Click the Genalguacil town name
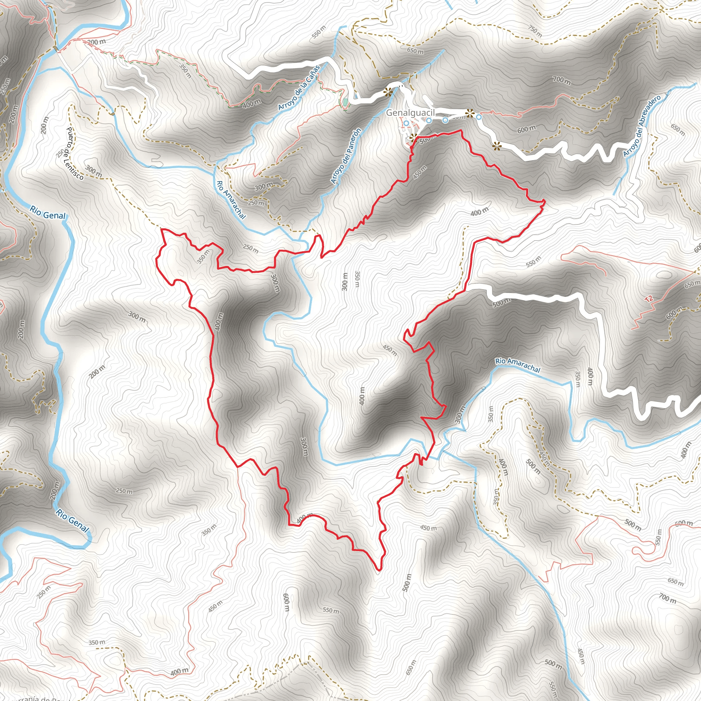point(410,113)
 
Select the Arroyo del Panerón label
point(346,156)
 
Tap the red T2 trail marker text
point(649,299)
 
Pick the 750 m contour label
point(535,32)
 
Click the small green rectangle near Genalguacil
point(345,103)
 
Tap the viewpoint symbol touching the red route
point(413,138)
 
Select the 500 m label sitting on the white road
point(502,302)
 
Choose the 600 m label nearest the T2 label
point(674,313)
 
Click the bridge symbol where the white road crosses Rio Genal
point(56,48)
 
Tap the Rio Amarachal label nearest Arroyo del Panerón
point(231,200)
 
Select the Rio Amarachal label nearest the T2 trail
point(518,365)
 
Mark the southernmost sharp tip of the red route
point(379,570)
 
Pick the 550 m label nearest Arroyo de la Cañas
point(319,32)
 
